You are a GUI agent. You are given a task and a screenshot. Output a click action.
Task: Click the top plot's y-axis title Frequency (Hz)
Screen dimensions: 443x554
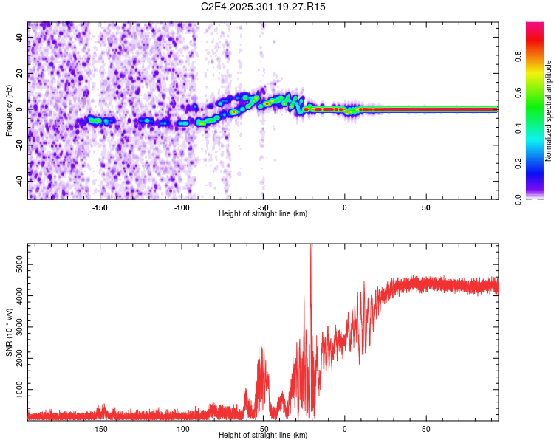[x=9, y=111]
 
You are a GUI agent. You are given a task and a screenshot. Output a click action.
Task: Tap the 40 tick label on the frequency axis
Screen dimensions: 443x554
[x=21, y=38]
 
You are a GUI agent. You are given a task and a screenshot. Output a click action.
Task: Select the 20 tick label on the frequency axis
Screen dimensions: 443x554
[x=21, y=74]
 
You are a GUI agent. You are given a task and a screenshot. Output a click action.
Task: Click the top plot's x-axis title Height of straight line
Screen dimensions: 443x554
[x=263, y=214]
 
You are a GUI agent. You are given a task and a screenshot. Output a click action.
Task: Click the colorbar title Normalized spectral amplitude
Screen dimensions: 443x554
[x=549, y=111]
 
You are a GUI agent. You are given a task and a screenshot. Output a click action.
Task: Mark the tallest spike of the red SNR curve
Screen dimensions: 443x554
[x=311, y=247]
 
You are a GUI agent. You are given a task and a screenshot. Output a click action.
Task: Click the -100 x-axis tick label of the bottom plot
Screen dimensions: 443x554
[x=182, y=428]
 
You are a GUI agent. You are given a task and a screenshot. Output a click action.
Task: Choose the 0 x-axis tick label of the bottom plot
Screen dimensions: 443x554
[x=344, y=428]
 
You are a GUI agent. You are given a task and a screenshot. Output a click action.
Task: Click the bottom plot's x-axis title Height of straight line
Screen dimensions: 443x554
[x=263, y=436]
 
